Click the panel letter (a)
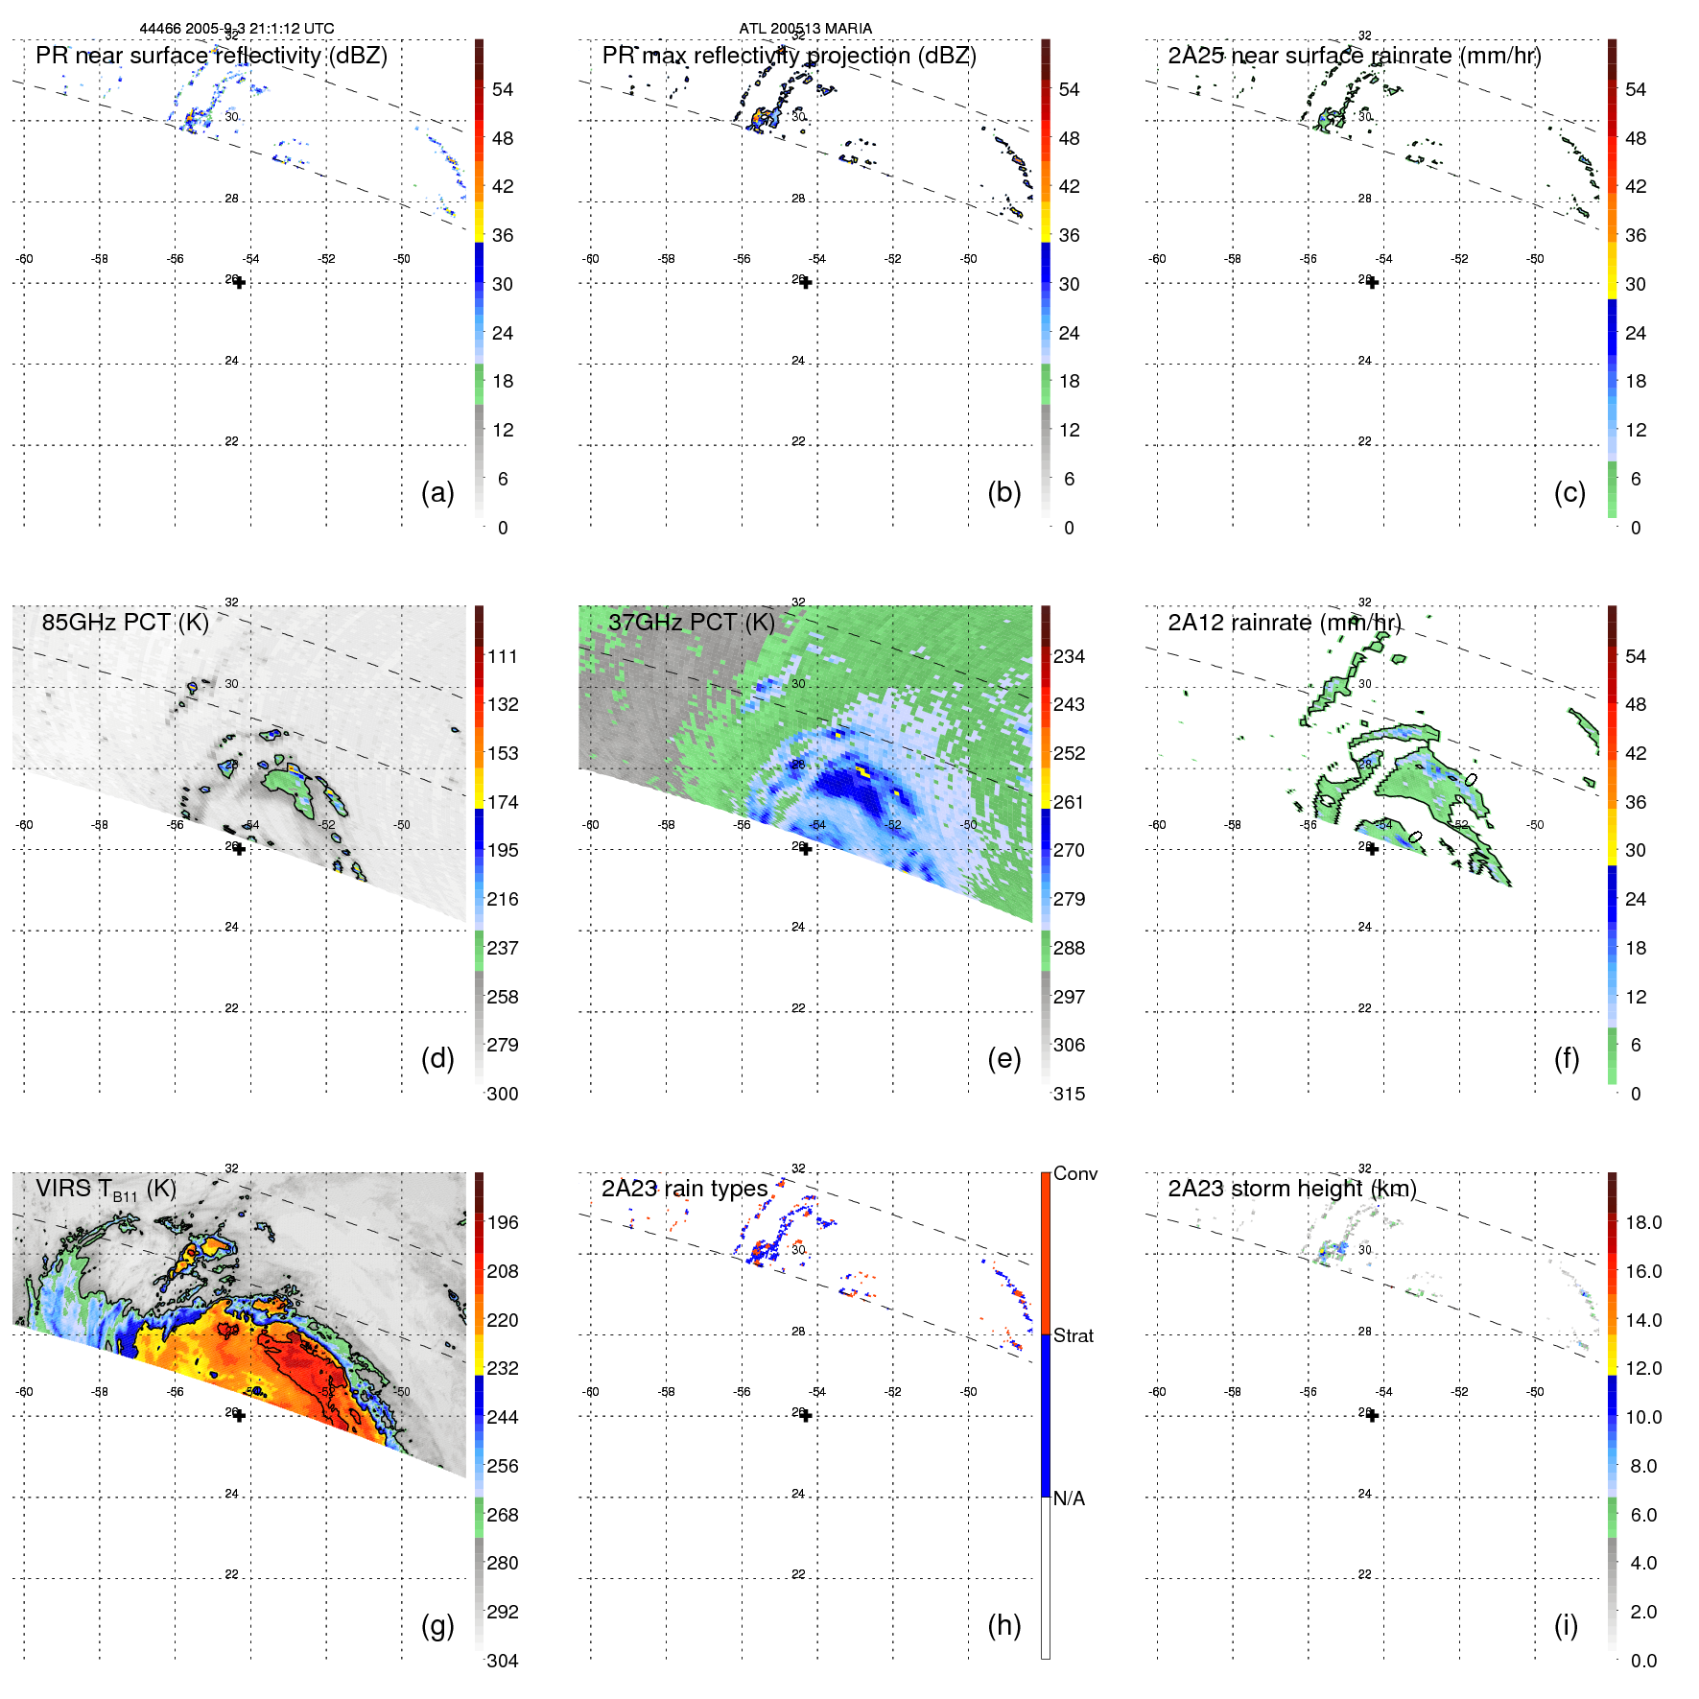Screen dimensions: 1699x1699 [x=437, y=492]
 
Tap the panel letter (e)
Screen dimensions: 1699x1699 [x=1003, y=1058]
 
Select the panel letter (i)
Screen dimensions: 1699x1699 [x=1566, y=1625]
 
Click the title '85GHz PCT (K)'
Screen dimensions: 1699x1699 [x=125, y=622]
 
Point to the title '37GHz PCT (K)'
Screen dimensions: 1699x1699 [x=691, y=622]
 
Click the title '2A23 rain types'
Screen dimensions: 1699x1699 [x=684, y=1189]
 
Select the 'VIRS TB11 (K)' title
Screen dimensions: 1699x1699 [x=106, y=1190]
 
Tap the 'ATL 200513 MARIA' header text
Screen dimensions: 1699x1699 [x=805, y=29]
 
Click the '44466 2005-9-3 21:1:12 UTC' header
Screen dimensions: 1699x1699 [x=237, y=29]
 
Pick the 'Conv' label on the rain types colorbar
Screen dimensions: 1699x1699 [x=1075, y=1173]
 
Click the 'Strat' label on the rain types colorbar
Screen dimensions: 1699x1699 [x=1074, y=1335]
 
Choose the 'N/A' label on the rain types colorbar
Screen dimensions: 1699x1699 [x=1069, y=1498]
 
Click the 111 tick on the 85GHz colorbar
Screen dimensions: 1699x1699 [x=503, y=656]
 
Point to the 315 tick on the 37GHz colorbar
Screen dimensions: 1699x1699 [x=1069, y=1094]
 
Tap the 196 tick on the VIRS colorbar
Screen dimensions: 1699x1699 [x=503, y=1222]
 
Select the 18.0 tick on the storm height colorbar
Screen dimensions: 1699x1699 [x=1643, y=1222]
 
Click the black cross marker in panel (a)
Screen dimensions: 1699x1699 [x=240, y=282]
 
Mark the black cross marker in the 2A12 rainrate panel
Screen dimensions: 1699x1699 [x=1373, y=849]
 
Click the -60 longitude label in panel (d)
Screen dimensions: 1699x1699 [x=24, y=825]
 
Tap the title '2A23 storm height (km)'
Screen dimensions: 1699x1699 [x=1291, y=1189]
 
